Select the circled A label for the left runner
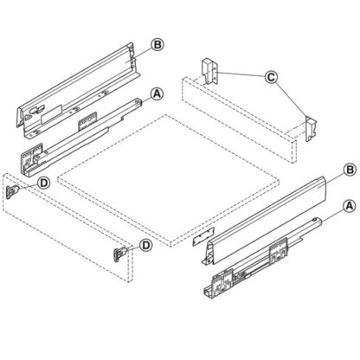click(x=157, y=93)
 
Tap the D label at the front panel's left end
click(x=42, y=183)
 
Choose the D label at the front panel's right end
click(x=146, y=246)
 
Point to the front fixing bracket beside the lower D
click(x=119, y=253)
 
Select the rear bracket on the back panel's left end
click(x=208, y=69)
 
